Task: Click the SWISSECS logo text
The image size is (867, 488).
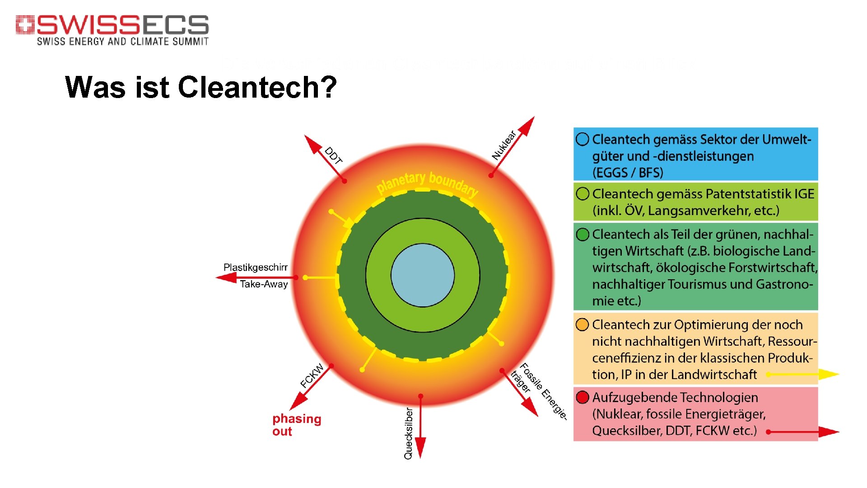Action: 122,25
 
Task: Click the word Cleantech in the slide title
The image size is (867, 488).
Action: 257,87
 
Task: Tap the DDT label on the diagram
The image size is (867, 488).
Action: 334,155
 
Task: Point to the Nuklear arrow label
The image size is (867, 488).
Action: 504,145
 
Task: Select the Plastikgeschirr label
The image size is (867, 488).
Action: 255,267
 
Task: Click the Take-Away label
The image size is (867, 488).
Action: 264,284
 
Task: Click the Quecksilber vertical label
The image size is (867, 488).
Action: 408,434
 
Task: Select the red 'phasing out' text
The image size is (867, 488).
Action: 296,425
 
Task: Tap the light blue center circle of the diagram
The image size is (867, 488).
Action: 423,275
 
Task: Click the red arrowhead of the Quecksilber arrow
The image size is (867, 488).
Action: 420,448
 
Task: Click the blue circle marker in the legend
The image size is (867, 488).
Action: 583,139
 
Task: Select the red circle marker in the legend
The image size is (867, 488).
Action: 583,398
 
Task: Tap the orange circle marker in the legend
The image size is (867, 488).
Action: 583,324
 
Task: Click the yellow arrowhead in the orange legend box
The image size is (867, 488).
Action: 828,374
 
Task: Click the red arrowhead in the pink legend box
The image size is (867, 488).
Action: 828,432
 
